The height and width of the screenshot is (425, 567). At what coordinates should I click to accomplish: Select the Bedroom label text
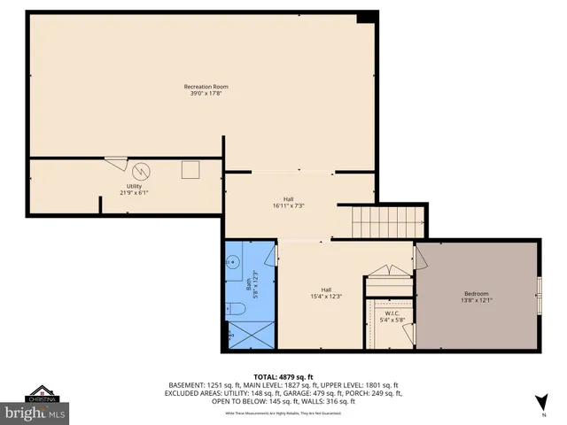tap(476, 294)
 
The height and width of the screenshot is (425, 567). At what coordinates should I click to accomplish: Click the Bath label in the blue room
tap(247, 284)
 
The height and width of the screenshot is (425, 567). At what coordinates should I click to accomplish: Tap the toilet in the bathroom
tap(234, 309)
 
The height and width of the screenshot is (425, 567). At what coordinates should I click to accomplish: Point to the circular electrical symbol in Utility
tap(142, 170)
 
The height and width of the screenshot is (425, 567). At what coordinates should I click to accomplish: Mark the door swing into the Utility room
tap(115, 162)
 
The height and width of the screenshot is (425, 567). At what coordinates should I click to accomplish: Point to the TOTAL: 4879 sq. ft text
tap(283, 376)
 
